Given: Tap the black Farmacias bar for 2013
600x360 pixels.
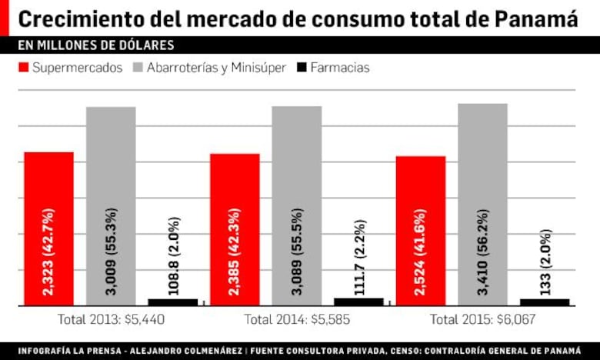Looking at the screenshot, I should (x=172, y=302).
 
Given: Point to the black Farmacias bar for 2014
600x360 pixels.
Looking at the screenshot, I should (x=358, y=302).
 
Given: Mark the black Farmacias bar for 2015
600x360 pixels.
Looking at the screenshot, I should (x=545, y=302).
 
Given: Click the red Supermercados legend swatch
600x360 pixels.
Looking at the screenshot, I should (x=23, y=68).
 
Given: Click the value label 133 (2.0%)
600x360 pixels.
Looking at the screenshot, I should (x=545, y=262).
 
